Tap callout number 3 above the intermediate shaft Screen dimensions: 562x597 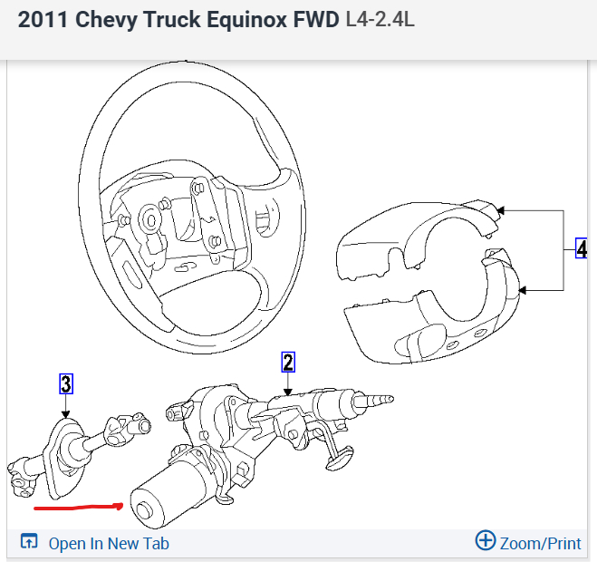tap(66, 383)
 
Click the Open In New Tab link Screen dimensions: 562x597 tap(109, 543)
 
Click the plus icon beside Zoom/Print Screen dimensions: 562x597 tap(486, 541)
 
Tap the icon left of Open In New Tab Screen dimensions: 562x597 tap(29, 542)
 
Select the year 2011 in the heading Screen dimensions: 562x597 tap(42, 19)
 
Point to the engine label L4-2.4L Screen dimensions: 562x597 tap(380, 19)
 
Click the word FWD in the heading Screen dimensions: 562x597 tap(313, 19)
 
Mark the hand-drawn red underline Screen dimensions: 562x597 tap(77, 506)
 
